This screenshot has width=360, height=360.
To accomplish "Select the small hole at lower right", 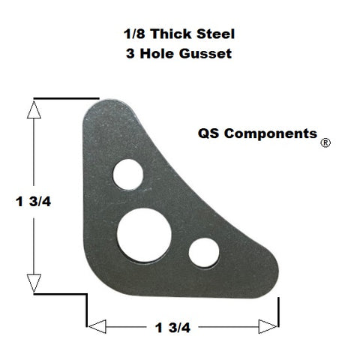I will point(203,252).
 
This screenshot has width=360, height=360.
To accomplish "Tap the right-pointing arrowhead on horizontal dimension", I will point(268,326).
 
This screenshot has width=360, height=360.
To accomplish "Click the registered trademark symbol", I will point(325,142).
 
